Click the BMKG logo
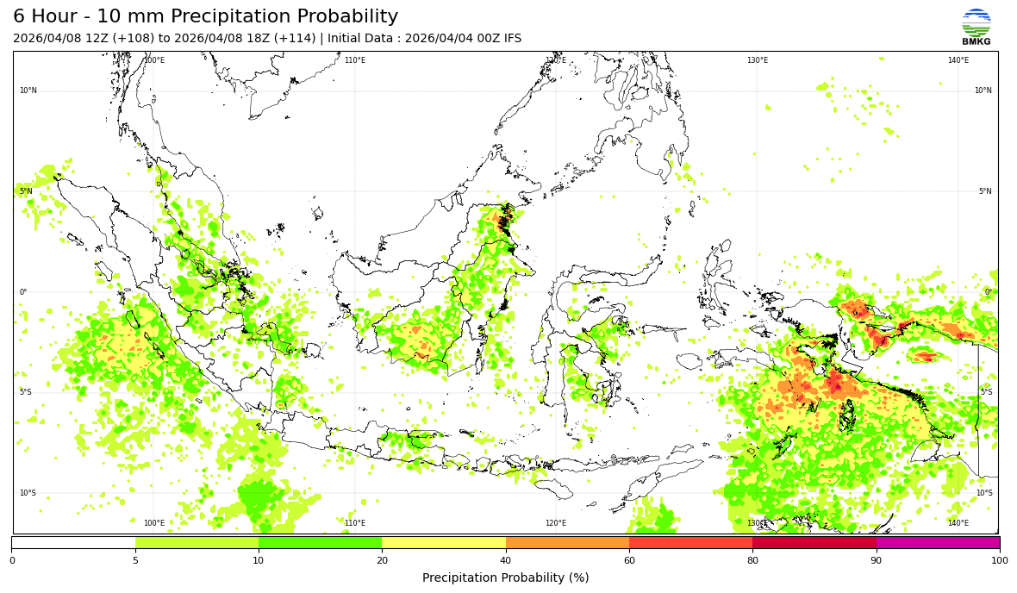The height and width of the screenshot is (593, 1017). (x=976, y=26)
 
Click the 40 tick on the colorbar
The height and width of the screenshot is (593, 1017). (x=506, y=560)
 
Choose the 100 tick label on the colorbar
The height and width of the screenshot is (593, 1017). (x=999, y=560)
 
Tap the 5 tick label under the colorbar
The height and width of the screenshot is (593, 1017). (x=135, y=560)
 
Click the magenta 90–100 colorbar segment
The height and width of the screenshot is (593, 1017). (x=938, y=543)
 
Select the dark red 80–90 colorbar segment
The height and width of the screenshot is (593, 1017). (x=814, y=543)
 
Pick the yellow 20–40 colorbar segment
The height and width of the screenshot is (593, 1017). (x=444, y=543)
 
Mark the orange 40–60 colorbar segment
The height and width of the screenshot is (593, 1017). (x=567, y=543)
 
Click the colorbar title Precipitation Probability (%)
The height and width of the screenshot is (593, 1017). (x=505, y=577)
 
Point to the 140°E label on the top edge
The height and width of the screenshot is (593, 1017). (x=958, y=60)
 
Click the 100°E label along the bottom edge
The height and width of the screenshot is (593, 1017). (x=154, y=523)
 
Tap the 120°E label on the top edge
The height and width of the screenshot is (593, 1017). (x=556, y=60)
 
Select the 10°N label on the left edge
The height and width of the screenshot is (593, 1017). (x=28, y=91)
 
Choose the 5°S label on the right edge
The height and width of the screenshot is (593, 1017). (x=985, y=392)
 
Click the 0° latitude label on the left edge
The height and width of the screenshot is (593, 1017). (x=23, y=292)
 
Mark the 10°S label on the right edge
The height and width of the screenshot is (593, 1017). (x=983, y=493)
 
